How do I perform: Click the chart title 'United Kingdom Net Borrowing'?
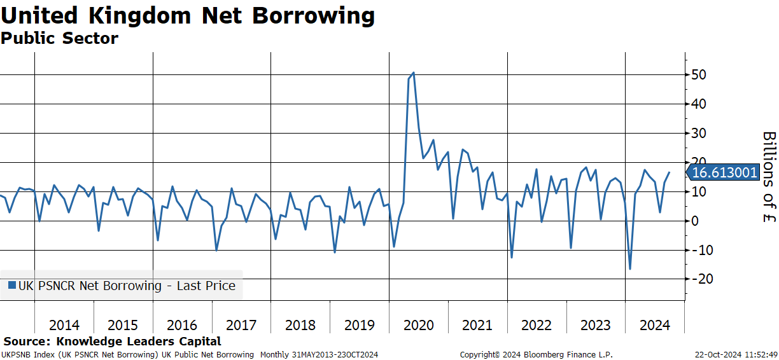[188, 17]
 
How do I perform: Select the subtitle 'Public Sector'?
[59, 38]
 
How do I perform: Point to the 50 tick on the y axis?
[699, 74]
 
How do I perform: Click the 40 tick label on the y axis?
[699, 104]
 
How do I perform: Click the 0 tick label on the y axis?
[695, 221]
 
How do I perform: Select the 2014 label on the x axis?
[64, 325]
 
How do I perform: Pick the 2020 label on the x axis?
[419, 325]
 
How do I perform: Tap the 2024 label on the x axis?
[655, 325]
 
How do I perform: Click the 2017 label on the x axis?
[241, 325]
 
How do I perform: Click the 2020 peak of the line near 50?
[414, 73]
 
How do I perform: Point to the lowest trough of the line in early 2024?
[630, 269]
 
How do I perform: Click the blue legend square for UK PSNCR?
[12, 286]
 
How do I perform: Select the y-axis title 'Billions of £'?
[769, 177]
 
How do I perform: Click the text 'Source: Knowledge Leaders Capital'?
[112, 341]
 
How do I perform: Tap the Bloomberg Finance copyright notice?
[537, 355]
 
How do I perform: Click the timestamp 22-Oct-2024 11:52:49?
[736, 355]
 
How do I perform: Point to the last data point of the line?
[670, 172]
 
